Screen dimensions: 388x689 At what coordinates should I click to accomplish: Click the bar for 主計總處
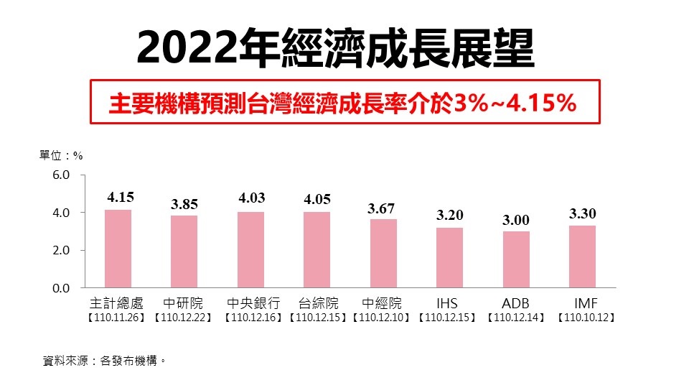point(118,249)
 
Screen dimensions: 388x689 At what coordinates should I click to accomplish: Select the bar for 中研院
point(184,251)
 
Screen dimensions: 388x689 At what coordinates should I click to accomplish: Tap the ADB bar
point(516,259)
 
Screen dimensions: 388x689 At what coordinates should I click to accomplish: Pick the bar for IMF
point(582,257)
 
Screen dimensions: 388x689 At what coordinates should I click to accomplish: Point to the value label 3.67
point(383,208)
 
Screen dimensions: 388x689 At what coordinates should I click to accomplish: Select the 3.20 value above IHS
point(449,215)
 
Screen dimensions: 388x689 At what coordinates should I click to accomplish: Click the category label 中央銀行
point(253,302)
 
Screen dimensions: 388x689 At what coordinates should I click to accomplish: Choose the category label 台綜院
point(317,302)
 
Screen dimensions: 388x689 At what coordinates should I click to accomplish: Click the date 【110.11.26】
point(117,316)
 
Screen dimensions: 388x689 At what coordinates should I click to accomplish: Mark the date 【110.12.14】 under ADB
point(516,316)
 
